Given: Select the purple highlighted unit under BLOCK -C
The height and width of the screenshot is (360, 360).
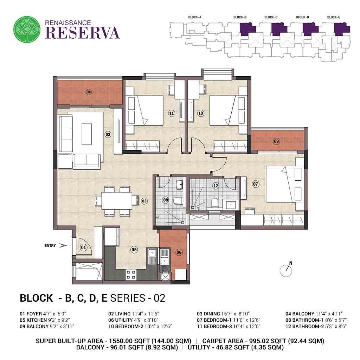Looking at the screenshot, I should [279, 29].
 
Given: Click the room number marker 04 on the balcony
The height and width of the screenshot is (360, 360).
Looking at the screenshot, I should [89, 92].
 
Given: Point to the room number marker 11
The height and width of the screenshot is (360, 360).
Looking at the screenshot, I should [172, 113].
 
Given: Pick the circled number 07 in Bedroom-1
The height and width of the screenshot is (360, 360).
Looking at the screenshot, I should [256, 183].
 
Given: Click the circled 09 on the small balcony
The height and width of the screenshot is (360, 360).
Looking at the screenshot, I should [276, 141].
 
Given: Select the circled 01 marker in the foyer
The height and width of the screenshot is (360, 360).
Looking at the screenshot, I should [83, 247].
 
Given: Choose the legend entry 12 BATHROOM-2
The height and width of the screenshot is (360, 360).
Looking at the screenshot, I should [316, 326].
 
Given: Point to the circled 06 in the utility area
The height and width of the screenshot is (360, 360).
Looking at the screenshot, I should [179, 252].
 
